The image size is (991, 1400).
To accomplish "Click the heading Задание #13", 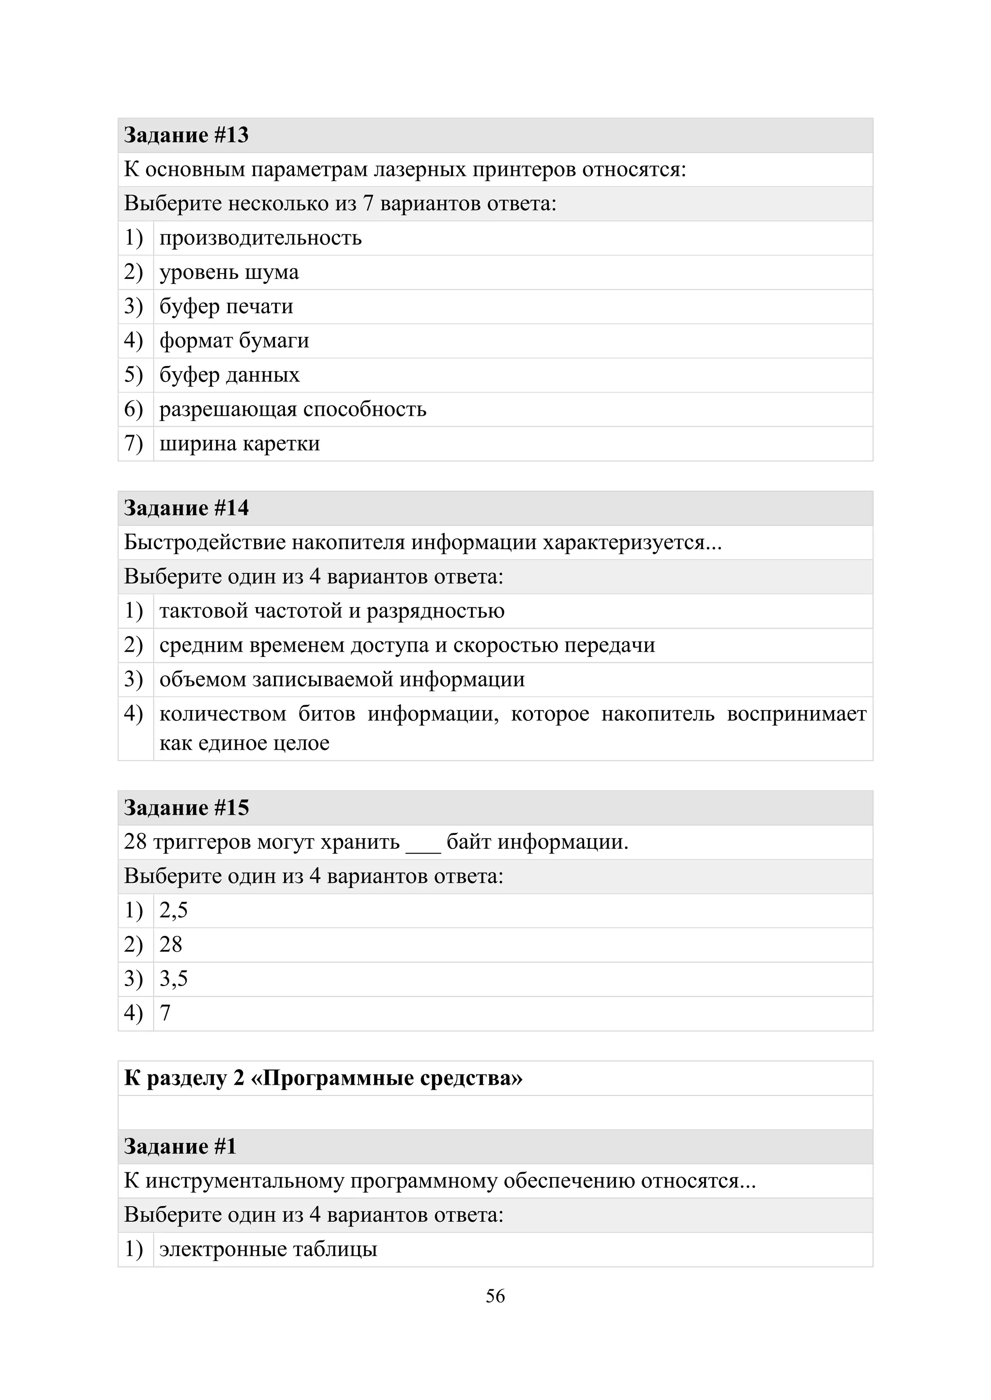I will [186, 135].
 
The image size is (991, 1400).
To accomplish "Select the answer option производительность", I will [260, 238].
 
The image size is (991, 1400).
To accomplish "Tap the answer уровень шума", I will [229, 272].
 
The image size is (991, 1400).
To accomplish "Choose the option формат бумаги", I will [234, 340].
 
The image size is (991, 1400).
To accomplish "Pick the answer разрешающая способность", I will [293, 409].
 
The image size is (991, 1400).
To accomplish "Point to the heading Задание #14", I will [186, 508].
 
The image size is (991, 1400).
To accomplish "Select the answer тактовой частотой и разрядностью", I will [332, 611].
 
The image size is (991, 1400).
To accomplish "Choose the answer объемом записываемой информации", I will [342, 679].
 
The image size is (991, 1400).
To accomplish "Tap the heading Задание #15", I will [186, 808].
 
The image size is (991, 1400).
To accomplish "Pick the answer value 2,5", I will [173, 910].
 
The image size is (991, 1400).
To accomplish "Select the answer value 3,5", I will [173, 978].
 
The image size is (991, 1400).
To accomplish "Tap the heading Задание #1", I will [180, 1147].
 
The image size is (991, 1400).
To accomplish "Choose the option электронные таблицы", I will [269, 1249].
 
